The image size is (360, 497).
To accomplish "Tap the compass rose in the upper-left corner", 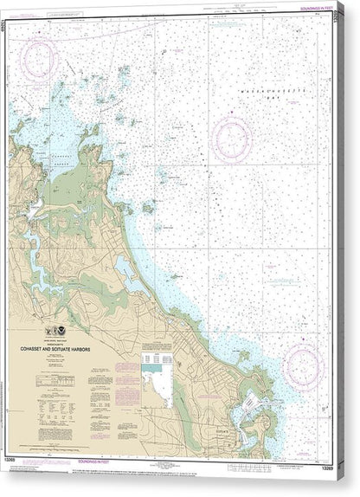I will point(39,61).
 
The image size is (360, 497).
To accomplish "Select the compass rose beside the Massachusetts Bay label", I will point(233,139).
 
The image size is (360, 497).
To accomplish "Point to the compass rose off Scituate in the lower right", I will point(302,365).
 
